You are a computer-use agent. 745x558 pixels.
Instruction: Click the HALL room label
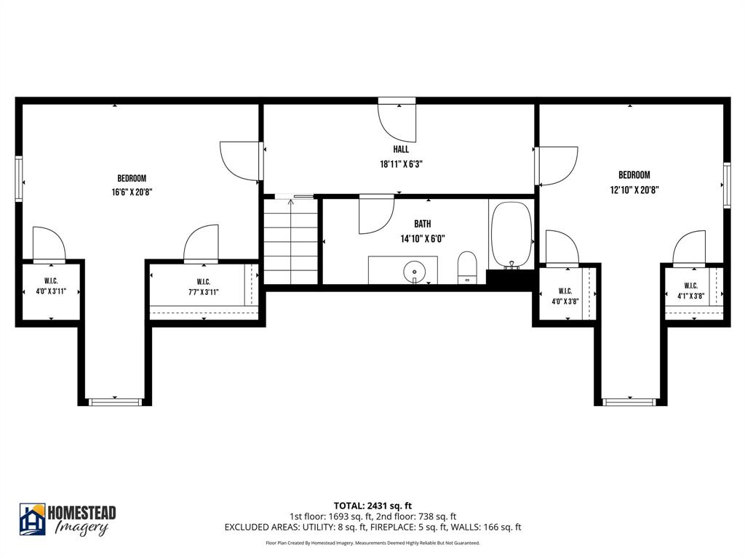click(401, 150)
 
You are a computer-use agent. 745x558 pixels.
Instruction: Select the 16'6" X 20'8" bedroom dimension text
click(132, 193)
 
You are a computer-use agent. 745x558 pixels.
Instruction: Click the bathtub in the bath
click(511, 235)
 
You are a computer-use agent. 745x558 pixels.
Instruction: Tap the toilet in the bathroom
click(467, 267)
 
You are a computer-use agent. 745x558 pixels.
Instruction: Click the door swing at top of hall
click(398, 121)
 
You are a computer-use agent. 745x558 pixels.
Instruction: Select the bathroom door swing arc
click(375, 216)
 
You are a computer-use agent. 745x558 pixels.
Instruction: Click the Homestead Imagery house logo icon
click(32, 519)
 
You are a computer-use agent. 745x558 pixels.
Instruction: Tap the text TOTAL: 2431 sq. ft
click(372, 506)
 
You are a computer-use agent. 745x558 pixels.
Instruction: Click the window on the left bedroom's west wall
click(19, 177)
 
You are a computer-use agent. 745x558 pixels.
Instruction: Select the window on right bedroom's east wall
click(726, 186)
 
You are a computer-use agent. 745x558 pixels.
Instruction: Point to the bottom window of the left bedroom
click(114, 400)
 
